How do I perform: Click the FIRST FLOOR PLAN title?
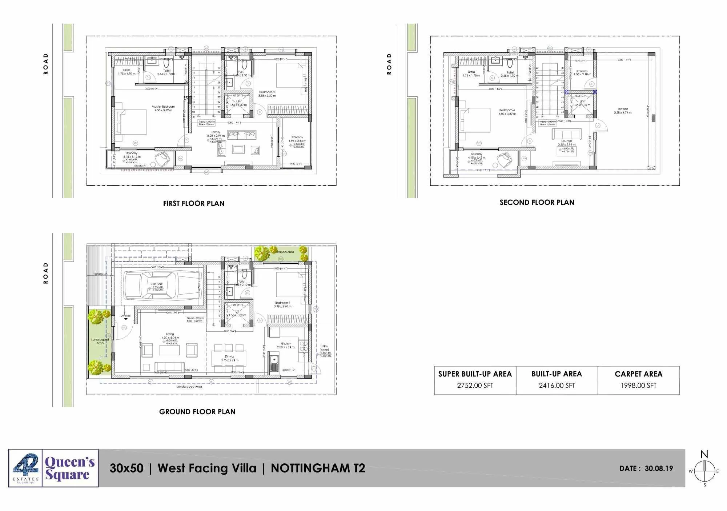[x=193, y=203]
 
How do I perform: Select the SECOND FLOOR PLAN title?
[x=537, y=202]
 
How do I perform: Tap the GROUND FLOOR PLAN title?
[x=197, y=412]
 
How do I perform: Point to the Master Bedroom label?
[x=163, y=107]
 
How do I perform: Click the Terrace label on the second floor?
[x=622, y=109]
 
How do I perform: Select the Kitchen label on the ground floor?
[x=286, y=343]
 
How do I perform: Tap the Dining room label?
[x=229, y=356]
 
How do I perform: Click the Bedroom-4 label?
[x=507, y=110]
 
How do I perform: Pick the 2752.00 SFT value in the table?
[x=475, y=386]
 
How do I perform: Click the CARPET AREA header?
[x=638, y=374]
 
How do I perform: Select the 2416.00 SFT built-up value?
[x=557, y=386]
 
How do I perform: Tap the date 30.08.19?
[x=659, y=468]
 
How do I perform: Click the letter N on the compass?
[x=704, y=454]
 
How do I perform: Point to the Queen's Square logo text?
[x=70, y=468]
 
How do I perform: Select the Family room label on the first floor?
[x=216, y=132]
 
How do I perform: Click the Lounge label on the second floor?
[x=566, y=141]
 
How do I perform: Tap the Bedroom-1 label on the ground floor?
[x=282, y=303]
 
